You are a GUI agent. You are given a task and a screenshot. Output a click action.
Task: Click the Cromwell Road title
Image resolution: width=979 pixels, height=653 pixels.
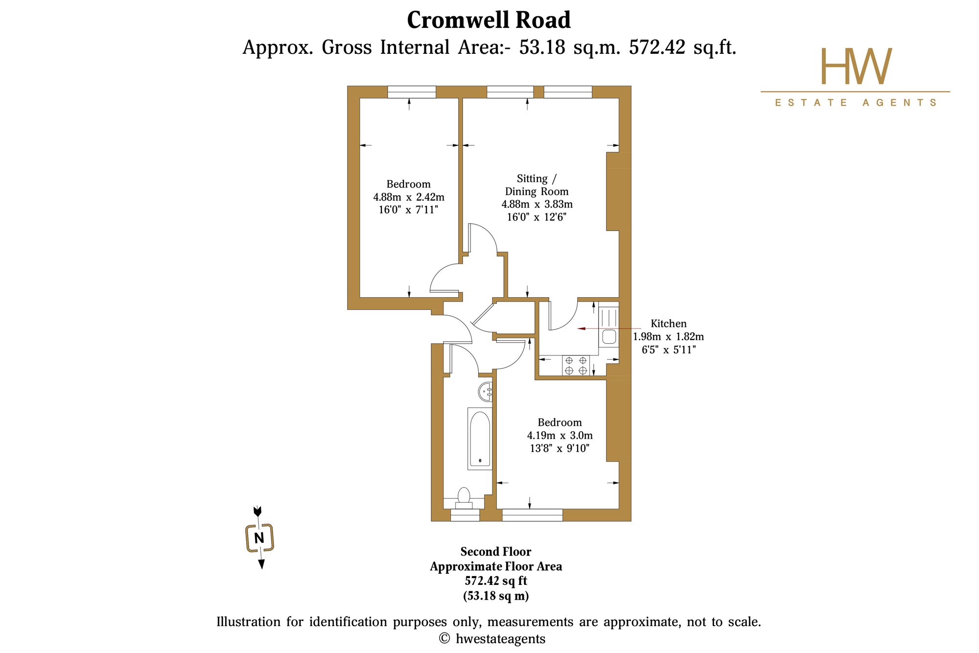[x=489, y=20]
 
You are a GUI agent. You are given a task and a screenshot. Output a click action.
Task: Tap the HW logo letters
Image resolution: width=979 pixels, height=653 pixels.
[x=856, y=66]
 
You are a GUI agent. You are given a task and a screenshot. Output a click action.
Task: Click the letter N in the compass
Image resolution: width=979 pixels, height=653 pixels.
[x=259, y=538]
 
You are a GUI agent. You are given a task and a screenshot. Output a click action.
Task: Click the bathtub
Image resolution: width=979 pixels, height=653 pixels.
[x=480, y=439]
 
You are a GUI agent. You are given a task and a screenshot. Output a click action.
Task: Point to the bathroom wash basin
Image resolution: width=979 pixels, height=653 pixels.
[x=486, y=392]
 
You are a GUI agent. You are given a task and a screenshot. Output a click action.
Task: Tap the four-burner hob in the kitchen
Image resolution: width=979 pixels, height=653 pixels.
[x=576, y=366]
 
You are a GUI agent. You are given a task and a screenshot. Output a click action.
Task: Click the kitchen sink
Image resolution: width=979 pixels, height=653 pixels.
[x=609, y=337]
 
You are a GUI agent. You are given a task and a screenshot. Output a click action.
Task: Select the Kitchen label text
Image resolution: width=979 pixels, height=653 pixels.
[x=668, y=324]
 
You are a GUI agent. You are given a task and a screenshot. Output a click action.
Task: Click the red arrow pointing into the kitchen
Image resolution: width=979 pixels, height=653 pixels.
[x=609, y=328]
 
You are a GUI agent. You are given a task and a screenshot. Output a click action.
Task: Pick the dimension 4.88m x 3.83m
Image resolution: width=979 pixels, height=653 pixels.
[x=537, y=204]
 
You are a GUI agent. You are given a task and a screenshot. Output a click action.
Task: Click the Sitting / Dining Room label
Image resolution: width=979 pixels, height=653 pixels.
[x=537, y=185]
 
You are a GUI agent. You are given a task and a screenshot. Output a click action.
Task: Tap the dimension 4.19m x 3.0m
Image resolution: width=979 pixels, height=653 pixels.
[x=560, y=435]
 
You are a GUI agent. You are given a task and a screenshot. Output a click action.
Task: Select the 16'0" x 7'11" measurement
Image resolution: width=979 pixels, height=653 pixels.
[x=408, y=210]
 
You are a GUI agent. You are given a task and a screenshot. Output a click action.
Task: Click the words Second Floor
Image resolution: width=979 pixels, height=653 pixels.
[x=496, y=552]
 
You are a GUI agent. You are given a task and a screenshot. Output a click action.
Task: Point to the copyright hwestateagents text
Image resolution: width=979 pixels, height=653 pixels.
[x=492, y=639]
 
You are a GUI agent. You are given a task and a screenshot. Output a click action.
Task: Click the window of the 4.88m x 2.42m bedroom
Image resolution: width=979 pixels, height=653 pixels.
[x=412, y=92]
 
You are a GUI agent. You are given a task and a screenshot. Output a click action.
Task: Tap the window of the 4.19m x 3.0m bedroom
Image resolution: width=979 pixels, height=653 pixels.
[x=533, y=515]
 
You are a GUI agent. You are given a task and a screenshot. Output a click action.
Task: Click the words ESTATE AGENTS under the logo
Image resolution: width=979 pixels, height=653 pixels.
[x=856, y=103]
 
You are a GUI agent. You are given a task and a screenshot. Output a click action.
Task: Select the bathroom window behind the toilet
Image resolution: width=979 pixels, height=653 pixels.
[x=465, y=515]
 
